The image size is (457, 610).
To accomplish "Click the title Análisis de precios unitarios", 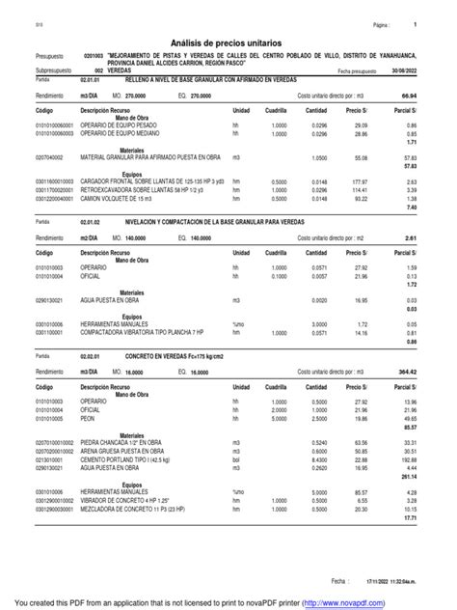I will pos(228,44).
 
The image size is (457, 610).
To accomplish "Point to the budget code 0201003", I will pos(94,56).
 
